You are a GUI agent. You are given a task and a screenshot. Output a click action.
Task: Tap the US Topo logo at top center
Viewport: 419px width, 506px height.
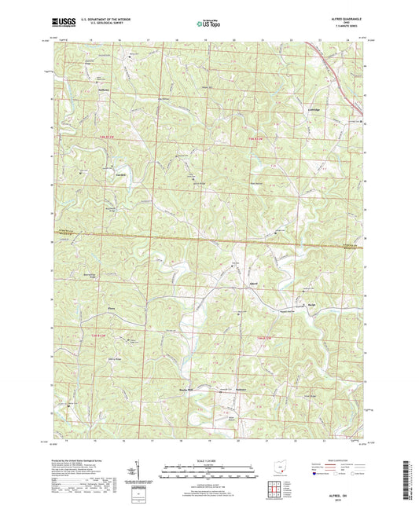(208, 24)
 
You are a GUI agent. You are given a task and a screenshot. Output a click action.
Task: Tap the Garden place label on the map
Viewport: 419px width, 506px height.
(121, 174)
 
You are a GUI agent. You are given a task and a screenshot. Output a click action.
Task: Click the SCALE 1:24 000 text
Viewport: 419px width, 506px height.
(210, 461)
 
